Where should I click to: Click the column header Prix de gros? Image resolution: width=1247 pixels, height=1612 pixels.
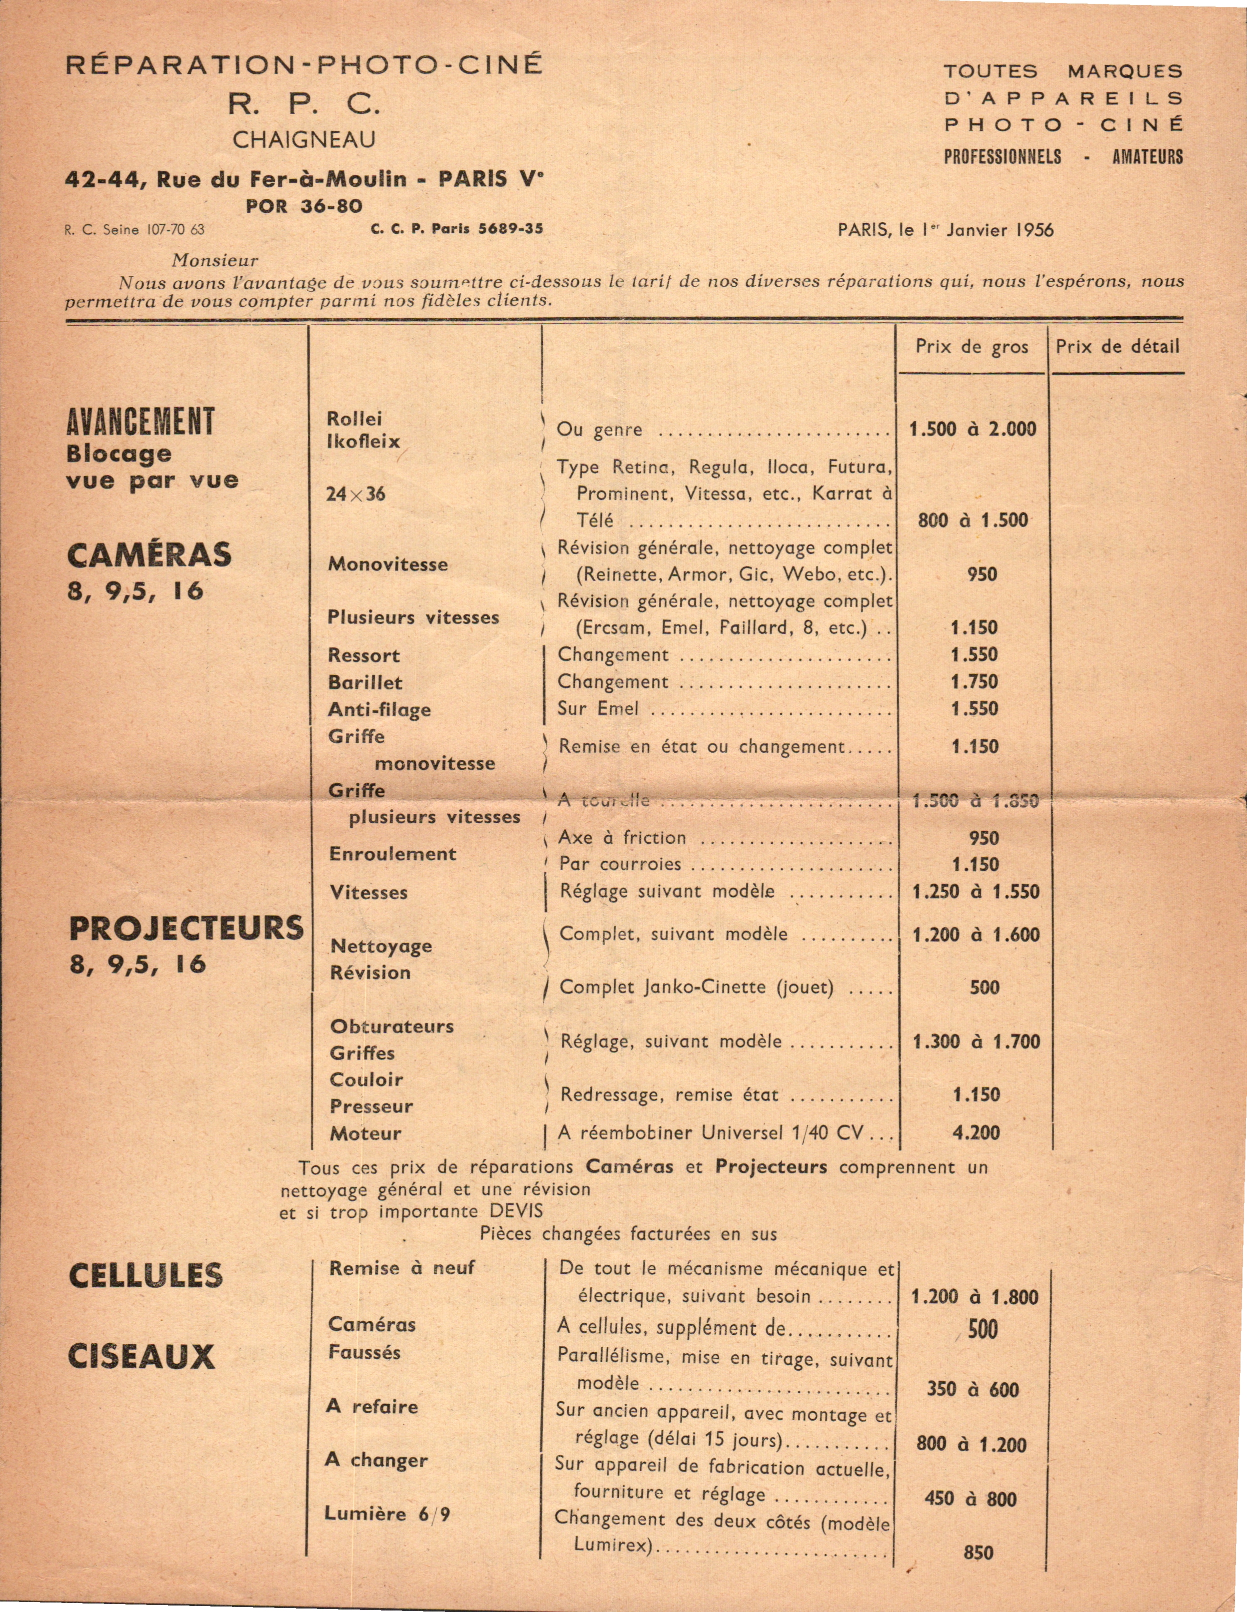pos(972,347)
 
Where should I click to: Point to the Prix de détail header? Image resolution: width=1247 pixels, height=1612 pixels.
pos(1117,347)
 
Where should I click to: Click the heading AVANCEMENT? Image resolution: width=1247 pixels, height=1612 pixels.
pos(140,422)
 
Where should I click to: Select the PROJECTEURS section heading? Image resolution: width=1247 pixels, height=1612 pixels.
pos(186,928)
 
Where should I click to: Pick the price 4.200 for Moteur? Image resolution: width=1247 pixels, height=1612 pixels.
pos(976,1133)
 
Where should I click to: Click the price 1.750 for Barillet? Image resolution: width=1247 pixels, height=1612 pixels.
pos(975,682)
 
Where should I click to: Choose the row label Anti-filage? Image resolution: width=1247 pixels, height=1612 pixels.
pos(379,710)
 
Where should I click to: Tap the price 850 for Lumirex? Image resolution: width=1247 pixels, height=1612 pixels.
pos(978,1552)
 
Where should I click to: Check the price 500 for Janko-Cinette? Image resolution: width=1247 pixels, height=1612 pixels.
pos(984,988)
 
